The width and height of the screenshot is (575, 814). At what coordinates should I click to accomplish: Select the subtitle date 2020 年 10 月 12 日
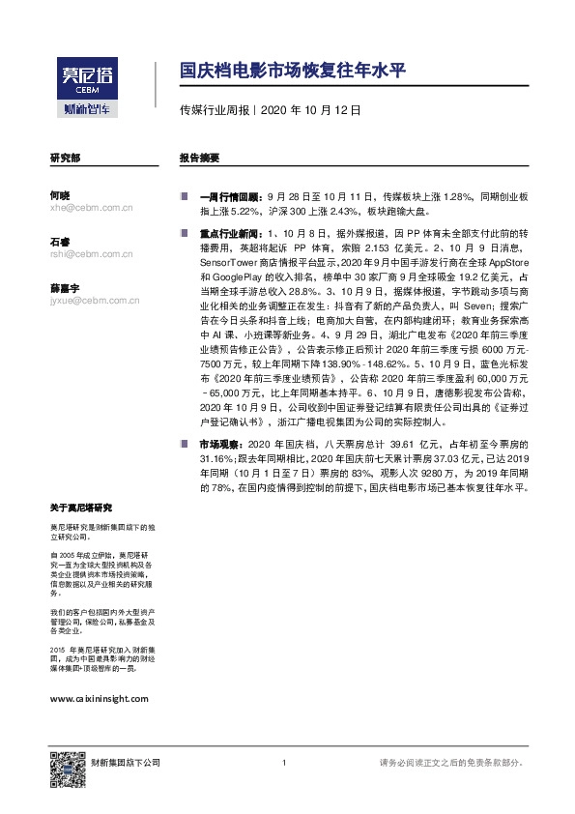(x=311, y=110)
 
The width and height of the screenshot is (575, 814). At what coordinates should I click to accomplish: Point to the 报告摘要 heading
(x=199, y=157)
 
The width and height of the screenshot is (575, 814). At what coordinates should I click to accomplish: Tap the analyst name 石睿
(x=60, y=241)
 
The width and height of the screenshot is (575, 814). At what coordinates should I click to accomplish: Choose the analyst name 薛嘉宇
(x=64, y=289)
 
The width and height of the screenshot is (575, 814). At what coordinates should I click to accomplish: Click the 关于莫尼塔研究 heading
(x=81, y=508)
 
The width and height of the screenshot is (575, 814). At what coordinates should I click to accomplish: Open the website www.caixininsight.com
(x=98, y=697)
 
